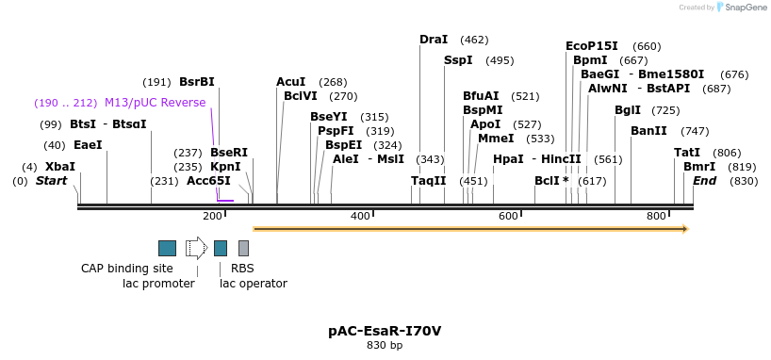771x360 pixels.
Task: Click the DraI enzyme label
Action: [434, 40]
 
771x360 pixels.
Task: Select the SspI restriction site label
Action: [458, 60]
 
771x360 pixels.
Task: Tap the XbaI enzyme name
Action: [60, 167]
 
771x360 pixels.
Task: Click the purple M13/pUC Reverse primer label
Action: [155, 103]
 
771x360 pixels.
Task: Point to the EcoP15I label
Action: [592, 46]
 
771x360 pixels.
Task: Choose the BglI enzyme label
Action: [628, 110]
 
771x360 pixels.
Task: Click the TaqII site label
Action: [428, 181]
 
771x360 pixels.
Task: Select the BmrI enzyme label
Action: [699, 167]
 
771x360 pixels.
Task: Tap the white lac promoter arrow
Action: [196, 248]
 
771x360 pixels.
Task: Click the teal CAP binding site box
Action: [167, 248]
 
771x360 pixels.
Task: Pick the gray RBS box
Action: [243, 248]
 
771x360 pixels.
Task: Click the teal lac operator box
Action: [221, 248]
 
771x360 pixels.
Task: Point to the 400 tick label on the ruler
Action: [360, 217]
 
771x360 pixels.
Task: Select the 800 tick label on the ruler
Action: [656, 217]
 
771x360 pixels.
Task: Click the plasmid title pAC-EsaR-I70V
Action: [385, 331]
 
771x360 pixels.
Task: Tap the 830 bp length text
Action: [385, 346]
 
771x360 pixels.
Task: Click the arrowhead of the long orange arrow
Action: [685, 228]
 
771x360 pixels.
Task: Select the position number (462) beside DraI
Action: [474, 40]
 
